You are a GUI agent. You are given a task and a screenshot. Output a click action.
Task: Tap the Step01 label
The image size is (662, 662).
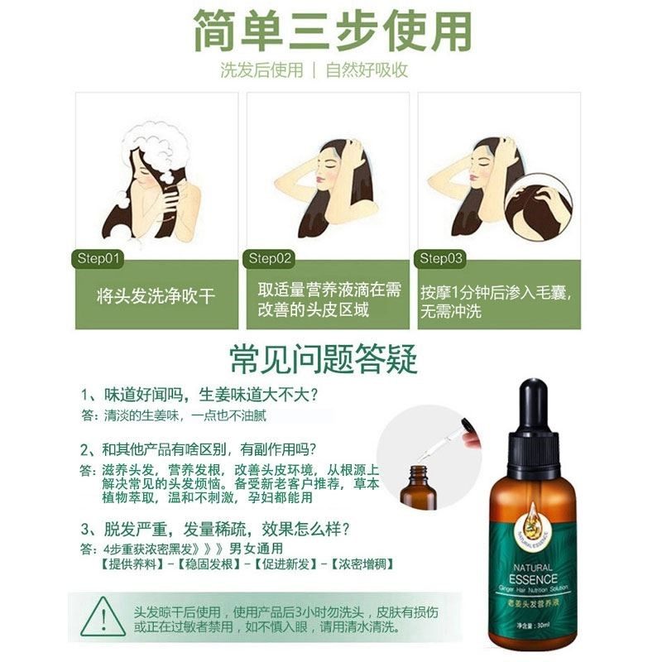pos(99,258)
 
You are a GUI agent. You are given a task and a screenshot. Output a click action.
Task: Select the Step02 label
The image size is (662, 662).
pos(271,258)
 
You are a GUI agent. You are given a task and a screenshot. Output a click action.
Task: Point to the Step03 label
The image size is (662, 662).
pos(442,258)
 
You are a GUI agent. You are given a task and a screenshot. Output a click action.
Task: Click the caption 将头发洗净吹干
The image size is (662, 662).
pos(156,295)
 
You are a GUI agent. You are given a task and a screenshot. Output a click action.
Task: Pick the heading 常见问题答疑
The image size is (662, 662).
pos(324,359)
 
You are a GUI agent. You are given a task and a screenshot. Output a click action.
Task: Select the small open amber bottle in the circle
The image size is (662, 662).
pos(417,487)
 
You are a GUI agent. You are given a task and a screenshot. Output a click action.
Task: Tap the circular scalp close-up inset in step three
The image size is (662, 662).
pos(538,207)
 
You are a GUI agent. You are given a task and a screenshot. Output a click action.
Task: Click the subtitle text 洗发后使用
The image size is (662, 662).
pos(261,70)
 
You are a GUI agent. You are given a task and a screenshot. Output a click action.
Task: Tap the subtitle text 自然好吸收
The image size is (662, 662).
pos(367,70)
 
